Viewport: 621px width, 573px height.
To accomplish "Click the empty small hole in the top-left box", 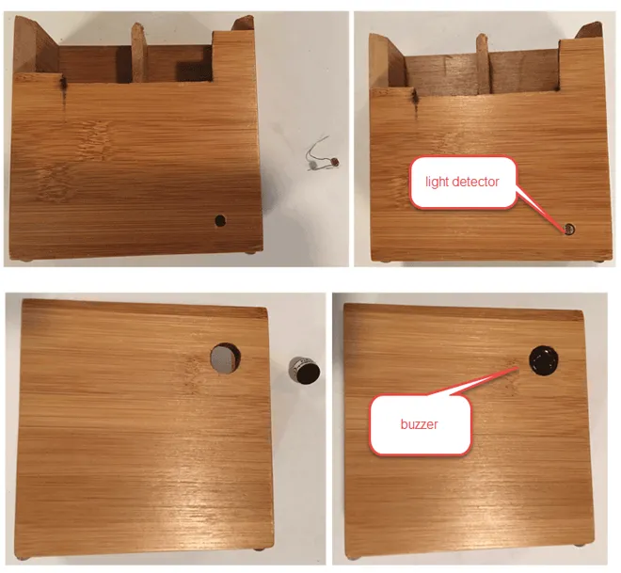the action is pos(220,221).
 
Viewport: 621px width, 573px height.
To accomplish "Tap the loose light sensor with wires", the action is pos(322,156).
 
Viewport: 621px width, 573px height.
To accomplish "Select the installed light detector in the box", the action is pos(569,229).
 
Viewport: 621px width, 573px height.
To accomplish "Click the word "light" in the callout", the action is pos(437,182).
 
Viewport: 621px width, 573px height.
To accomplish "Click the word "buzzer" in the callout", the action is pos(419,424).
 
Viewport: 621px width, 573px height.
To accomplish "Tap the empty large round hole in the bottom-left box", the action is pos(225,358).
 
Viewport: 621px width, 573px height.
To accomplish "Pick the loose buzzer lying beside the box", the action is pos(304,371).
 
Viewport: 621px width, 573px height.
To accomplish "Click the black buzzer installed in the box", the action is pos(544,360).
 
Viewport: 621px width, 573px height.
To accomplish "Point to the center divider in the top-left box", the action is pos(138,53).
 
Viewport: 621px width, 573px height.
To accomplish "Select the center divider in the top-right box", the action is pos(484,63).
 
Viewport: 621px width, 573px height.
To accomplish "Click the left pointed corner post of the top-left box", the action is pos(35,45).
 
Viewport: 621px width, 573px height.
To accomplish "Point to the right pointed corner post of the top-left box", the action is pos(243,23).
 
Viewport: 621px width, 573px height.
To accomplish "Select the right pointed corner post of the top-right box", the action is pos(590,30).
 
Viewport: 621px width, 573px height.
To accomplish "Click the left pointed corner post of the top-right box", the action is pos(386,61).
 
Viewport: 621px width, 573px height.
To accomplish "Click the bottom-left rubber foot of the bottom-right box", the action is pos(352,558).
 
